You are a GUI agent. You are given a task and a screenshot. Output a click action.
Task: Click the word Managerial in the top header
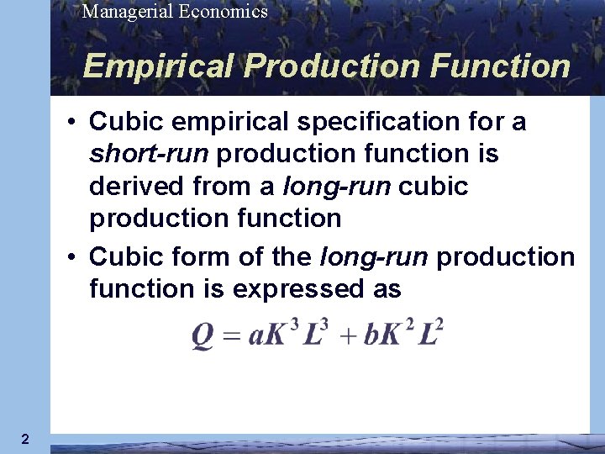[124, 12]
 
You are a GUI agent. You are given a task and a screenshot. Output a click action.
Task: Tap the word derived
[134, 187]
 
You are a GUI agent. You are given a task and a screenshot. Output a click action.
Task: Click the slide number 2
[25, 439]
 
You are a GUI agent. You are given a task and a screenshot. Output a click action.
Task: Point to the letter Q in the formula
[203, 335]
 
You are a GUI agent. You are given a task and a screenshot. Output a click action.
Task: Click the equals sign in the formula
[232, 335]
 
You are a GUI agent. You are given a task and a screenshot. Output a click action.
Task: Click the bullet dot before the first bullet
[75, 123]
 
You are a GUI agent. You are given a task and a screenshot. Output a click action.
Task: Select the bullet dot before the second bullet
[75, 256]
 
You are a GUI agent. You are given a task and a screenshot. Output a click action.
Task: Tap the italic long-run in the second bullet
[377, 256]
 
